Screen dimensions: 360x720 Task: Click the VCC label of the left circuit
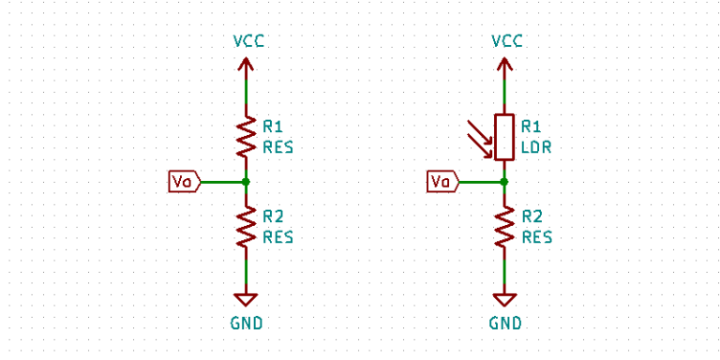tap(246, 41)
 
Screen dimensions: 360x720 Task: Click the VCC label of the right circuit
tap(505, 41)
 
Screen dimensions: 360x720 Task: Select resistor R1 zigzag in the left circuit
tap(246, 136)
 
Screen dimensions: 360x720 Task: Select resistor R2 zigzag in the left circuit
tap(246, 227)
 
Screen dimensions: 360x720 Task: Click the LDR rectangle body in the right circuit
tap(505, 137)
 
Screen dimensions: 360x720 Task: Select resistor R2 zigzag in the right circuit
tap(505, 227)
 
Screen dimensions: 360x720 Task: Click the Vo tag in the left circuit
tap(184, 181)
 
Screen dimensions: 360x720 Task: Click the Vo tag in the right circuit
tap(442, 181)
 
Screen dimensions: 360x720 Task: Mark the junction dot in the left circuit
tap(246, 181)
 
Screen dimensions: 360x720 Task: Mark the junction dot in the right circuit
tap(505, 181)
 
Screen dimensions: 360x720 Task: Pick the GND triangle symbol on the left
tap(246, 299)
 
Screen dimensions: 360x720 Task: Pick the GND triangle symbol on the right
tap(505, 299)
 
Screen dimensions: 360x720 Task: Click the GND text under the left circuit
tap(246, 323)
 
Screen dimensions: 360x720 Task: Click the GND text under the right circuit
tap(505, 323)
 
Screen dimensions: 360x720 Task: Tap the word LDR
tap(536, 147)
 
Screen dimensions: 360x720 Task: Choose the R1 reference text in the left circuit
tap(273, 126)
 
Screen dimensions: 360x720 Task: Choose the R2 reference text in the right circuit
tap(532, 217)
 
